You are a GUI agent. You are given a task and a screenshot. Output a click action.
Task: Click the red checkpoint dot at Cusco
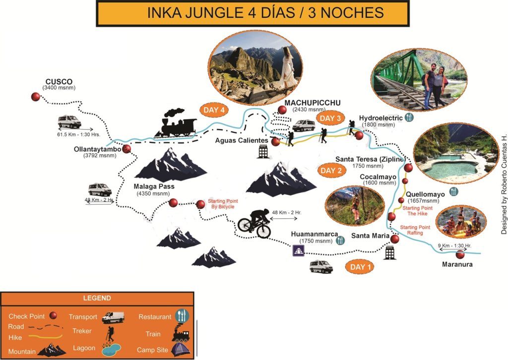click(35, 97)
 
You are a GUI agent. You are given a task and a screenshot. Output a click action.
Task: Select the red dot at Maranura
click(460, 254)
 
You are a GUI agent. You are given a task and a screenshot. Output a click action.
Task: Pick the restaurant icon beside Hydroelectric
click(409, 118)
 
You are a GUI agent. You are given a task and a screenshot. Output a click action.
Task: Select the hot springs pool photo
click(456, 158)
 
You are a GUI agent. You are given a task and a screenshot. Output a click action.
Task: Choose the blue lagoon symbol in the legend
click(112, 349)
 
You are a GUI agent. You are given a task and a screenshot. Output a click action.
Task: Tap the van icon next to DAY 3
click(303, 125)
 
